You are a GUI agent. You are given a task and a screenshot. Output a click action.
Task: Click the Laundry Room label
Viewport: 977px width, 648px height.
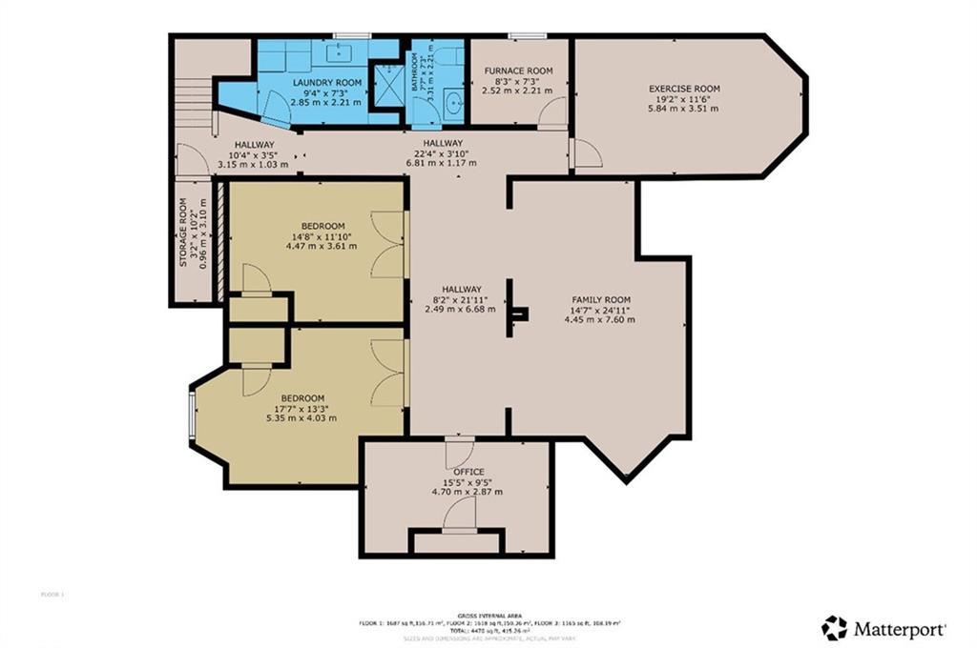click(x=326, y=83)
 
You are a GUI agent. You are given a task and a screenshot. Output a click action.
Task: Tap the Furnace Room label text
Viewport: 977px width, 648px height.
click(x=518, y=71)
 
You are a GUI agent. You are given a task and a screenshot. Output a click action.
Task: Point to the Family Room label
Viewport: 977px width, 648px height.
click(x=601, y=299)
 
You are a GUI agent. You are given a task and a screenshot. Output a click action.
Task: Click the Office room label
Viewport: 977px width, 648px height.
click(x=468, y=472)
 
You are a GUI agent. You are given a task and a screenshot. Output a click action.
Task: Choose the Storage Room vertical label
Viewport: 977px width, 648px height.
click(x=184, y=232)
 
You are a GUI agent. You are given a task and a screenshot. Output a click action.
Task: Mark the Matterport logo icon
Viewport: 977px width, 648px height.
click(x=834, y=628)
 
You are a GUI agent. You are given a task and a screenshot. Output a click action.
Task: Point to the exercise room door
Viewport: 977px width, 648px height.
click(x=586, y=153)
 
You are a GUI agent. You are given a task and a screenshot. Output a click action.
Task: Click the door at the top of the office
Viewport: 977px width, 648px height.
click(x=459, y=452)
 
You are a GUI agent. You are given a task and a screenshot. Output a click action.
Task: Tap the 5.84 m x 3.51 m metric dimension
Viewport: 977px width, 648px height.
click(x=682, y=109)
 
